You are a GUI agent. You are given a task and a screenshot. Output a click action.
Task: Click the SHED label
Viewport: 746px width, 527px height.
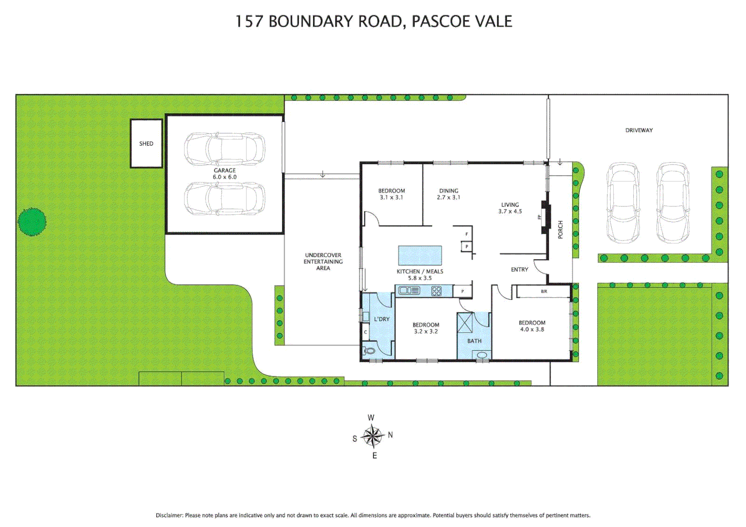pyautogui.click(x=146, y=143)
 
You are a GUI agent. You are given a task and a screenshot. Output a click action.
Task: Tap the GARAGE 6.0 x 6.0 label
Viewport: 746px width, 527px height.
pyautogui.click(x=225, y=174)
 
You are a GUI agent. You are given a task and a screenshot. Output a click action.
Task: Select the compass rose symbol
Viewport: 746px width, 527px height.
pyautogui.click(x=373, y=436)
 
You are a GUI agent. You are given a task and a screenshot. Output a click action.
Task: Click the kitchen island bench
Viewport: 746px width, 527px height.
pyautogui.click(x=420, y=256)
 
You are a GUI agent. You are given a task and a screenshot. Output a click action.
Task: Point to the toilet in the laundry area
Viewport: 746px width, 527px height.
pyautogui.click(x=369, y=350)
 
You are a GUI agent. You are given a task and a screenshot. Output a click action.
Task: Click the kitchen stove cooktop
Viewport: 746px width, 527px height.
pyautogui.click(x=436, y=291)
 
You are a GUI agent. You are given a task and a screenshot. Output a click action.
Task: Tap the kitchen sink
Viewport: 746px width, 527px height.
pyautogui.click(x=409, y=291)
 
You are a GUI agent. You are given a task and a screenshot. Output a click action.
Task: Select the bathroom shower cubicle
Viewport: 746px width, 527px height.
pyautogui.click(x=465, y=323)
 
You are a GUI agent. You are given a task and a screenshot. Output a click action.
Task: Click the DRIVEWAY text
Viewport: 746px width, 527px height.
pyautogui.click(x=639, y=130)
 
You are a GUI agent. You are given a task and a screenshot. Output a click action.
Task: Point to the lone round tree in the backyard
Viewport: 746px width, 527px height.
pyautogui.click(x=32, y=222)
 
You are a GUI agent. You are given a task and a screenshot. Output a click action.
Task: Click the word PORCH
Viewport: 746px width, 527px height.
pyautogui.click(x=560, y=229)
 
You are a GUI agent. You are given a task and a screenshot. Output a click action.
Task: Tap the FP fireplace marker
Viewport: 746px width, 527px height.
pyautogui.click(x=540, y=217)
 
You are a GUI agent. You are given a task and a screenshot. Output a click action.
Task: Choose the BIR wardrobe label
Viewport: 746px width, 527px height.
pyautogui.click(x=544, y=291)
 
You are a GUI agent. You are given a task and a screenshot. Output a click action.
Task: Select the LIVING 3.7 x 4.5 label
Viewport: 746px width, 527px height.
pyautogui.click(x=510, y=208)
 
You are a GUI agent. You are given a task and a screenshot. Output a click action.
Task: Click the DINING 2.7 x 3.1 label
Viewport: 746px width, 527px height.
pyautogui.click(x=448, y=194)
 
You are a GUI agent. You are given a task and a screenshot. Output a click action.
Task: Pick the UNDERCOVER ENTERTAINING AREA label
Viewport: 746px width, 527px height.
pyautogui.click(x=323, y=262)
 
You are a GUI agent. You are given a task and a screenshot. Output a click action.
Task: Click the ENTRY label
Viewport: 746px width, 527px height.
pyautogui.click(x=519, y=269)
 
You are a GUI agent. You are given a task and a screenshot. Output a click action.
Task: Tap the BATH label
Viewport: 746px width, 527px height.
pyautogui.click(x=474, y=341)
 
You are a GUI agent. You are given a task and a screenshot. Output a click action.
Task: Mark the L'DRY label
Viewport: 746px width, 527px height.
pyautogui.click(x=382, y=319)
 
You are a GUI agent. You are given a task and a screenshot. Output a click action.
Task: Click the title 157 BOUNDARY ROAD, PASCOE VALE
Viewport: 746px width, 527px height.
pyautogui.click(x=373, y=21)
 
